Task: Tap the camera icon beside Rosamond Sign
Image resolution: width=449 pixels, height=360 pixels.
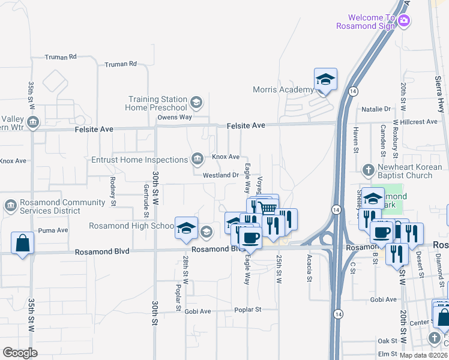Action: (x=404, y=21)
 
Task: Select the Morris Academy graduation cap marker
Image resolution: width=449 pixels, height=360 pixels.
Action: (x=325, y=79)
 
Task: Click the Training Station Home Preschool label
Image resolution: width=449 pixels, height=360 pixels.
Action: (x=157, y=103)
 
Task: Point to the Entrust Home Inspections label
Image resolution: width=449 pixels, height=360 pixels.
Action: (x=140, y=160)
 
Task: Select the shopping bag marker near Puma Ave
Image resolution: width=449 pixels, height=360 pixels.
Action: (x=23, y=243)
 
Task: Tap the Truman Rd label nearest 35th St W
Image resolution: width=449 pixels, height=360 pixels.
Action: (x=61, y=57)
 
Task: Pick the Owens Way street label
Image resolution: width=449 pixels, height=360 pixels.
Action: (x=175, y=117)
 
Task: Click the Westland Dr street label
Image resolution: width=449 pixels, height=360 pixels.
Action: (x=221, y=175)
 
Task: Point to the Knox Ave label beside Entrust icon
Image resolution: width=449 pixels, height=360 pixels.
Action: (x=226, y=157)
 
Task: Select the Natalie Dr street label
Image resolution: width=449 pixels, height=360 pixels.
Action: (x=376, y=109)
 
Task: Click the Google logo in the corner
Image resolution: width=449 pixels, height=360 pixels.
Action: (x=20, y=353)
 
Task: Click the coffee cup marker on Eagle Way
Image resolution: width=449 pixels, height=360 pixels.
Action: (x=251, y=237)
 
